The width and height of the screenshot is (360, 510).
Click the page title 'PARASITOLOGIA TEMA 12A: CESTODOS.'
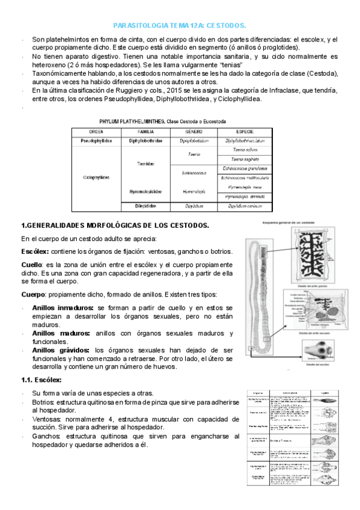[180, 26]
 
